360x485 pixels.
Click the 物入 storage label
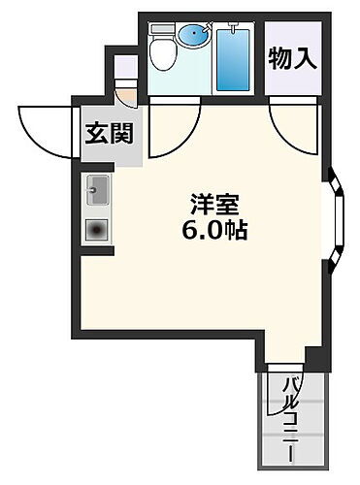[292, 57]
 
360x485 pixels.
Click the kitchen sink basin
[98, 191]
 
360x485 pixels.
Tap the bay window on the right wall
[335, 219]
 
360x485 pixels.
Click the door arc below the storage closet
[293, 124]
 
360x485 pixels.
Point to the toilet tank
[161, 35]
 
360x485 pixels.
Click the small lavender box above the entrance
[125, 67]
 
